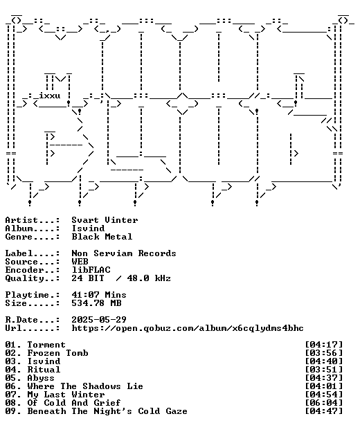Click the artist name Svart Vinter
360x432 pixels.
coord(105,220)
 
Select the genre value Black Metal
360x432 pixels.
coord(102,237)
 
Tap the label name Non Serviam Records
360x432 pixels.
coord(124,253)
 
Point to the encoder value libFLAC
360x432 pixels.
coord(91,270)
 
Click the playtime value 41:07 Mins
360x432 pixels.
coord(99,295)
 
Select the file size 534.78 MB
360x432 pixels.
coord(96,303)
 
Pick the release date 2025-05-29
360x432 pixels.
coord(99,320)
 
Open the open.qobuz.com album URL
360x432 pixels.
coord(188,328)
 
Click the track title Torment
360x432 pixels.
coord(46,345)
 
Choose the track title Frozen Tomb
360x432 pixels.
coord(58,353)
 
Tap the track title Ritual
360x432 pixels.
coord(44,370)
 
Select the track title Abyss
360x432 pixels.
coord(41,378)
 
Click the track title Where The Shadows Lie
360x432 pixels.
coord(85,386)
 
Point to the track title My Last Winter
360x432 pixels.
coord(66,395)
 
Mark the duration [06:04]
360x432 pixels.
coord(324,403)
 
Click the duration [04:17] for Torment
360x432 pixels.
coord(324,345)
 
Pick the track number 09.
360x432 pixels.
coord(11,411)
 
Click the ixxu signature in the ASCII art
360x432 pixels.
coord(50,96)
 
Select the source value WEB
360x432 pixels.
coord(80,262)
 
